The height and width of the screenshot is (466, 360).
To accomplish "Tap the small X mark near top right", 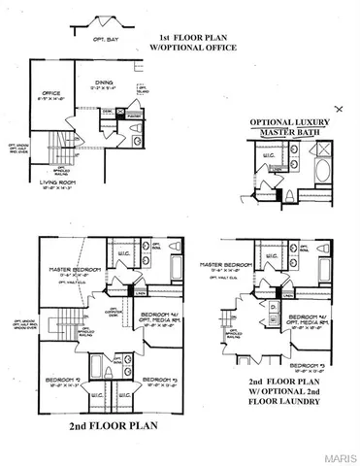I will point(338,107).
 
